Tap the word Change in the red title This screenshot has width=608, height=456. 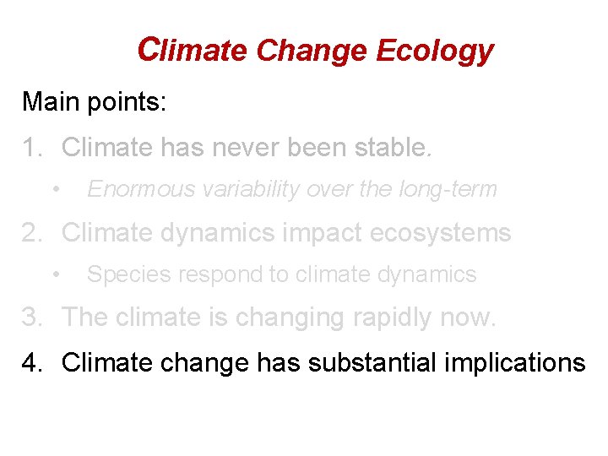[x=312, y=52]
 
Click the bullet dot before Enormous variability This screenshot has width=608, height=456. [x=56, y=188]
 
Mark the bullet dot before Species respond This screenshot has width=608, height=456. [x=56, y=274]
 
